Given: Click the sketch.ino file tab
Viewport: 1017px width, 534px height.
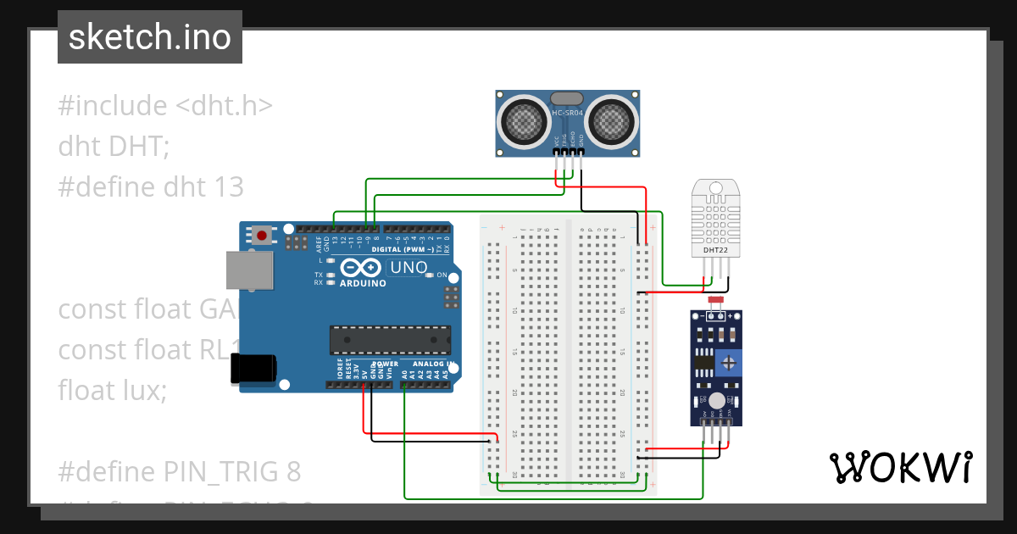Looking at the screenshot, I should tap(150, 37).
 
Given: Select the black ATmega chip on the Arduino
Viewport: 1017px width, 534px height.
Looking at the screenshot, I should tap(388, 339).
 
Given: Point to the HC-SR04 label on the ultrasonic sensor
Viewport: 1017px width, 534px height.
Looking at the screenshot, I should tap(567, 113).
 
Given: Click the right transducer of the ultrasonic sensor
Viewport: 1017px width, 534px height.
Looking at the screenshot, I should tap(609, 120).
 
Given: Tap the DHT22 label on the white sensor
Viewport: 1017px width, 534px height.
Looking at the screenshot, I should tap(715, 250).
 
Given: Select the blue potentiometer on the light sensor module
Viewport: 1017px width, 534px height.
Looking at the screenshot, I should tap(728, 363).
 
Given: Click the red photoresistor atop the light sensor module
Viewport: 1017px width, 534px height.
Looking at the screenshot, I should tap(715, 300).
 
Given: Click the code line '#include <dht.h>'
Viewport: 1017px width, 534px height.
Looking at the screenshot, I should tap(165, 106).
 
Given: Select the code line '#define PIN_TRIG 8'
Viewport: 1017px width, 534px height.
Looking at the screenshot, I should tap(179, 470).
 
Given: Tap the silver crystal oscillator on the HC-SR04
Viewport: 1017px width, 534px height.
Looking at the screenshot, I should tap(567, 98).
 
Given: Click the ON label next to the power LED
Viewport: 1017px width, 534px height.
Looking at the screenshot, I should tap(442, 275).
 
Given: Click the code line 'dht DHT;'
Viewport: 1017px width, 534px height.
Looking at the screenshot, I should tap(114, 146).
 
